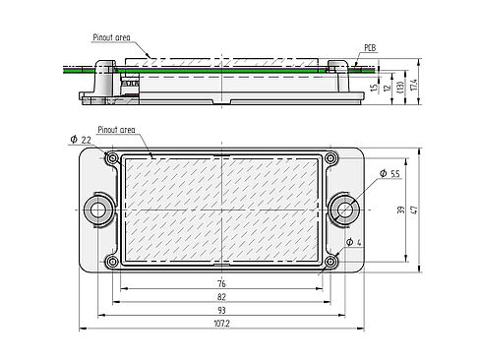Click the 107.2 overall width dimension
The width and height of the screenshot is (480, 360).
pos(222,324)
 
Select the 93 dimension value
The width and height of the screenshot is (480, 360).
pos(222,310)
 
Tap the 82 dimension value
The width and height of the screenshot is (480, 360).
pos(222,297)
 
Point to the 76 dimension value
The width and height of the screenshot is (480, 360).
pos(222,283)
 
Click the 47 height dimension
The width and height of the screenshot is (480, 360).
pos(414,210)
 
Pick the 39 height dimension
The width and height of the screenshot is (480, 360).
pos(401,210)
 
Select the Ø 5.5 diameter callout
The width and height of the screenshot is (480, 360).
pos(390,173)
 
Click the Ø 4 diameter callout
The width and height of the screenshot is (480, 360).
pos(354,243)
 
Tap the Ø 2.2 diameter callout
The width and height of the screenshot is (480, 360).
pos(81,140)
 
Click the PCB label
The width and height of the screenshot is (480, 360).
pos(371,48)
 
